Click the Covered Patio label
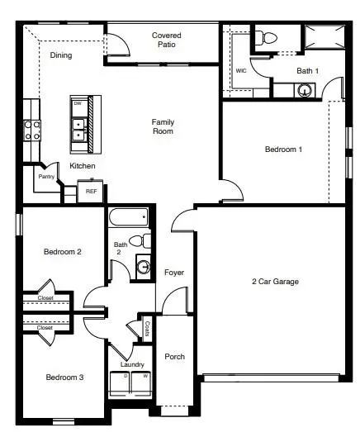(x=166, y=40)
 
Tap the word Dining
(x=60, y=56)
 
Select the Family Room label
(x=163, y=126)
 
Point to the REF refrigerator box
(x=91, y=191)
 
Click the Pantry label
(x=46, y=177)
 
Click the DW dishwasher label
(x=78, y=104)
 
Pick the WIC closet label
(x=241, y=71)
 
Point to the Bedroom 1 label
(x=283, y=150)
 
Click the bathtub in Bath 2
(x=129, y=217)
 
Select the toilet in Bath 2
(x=144, y=241)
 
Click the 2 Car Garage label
(x=275, y=282)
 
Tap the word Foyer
(x=174, y=273)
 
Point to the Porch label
(x=174, y=357)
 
